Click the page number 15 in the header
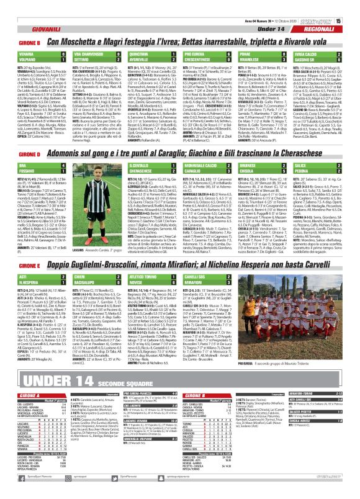coord(354,4)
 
